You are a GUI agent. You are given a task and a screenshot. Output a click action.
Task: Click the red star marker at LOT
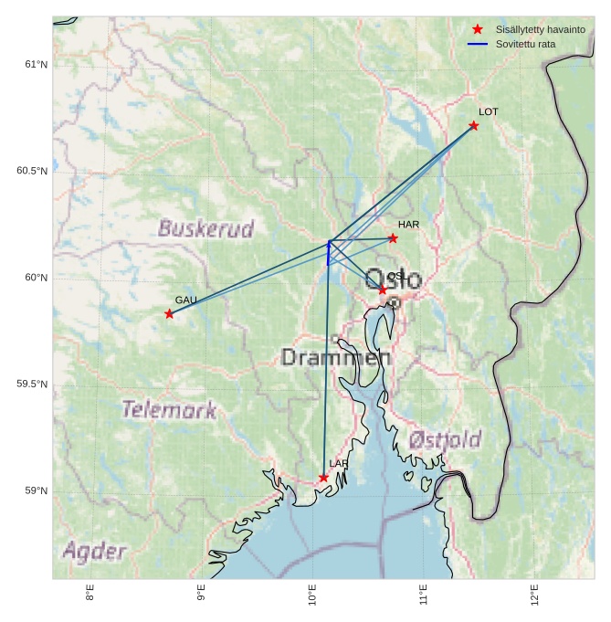click(x=473, y=125)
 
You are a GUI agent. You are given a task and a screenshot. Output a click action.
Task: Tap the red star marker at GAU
click(x=169, y=313)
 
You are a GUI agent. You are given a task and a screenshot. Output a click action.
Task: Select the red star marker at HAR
click(x=393, y=238)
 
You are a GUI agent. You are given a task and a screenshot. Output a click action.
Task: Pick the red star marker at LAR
click(x=323, y=478)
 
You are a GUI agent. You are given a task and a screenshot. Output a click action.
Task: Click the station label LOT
click(x=489, y=111)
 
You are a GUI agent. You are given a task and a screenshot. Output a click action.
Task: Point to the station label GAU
click(x=186, y=300)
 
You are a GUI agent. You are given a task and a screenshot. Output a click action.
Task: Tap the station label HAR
click(x=408, y=224)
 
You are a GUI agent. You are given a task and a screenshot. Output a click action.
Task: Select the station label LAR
click(x=339, y=464)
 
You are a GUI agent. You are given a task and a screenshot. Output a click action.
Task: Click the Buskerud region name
click(x=205, y=228)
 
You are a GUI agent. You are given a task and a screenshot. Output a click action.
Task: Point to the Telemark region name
click(x=170, y=409)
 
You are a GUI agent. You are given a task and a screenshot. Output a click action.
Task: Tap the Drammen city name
click(x=336, y=357)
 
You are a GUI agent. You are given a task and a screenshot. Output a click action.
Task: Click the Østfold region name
click(x=445, y=440)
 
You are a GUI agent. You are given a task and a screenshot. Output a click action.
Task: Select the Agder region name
click(x=94, y=551)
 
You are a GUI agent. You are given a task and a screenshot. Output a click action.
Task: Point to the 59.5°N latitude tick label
click(x=32, y=385)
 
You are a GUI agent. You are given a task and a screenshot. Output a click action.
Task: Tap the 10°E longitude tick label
click(x=312, y=595)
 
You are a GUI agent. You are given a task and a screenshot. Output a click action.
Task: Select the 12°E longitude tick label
click(x=535, y=595)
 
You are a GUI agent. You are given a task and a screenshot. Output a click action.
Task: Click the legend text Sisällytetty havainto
click(x=541, y=30)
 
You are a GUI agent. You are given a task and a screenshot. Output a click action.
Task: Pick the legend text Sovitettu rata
click(x=527, y=44)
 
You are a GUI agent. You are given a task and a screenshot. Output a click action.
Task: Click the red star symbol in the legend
click(x=478, y=29)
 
